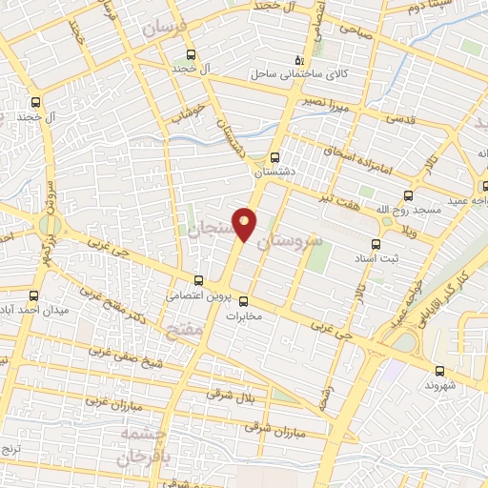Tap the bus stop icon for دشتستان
[x=275, y=157]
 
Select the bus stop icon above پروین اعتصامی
[x=198, y=279]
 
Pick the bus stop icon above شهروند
[x=438, y=372]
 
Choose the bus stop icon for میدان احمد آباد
[x=35, y=295]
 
